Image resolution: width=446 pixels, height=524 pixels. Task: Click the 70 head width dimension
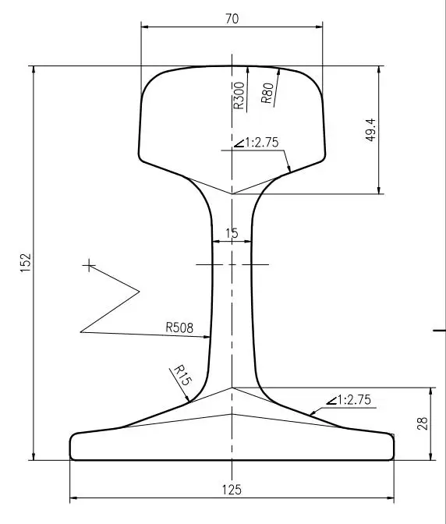[232, 19]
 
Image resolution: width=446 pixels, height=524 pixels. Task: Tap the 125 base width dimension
[232, 490]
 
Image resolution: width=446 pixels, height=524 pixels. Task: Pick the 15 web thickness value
[232, 233]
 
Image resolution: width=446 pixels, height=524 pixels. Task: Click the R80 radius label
[267, 93]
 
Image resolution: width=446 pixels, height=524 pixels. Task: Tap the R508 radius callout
[179, 327]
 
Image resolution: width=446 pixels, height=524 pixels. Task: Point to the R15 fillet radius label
[181, 376]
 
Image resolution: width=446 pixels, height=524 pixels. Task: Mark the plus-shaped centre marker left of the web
[90, 266]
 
